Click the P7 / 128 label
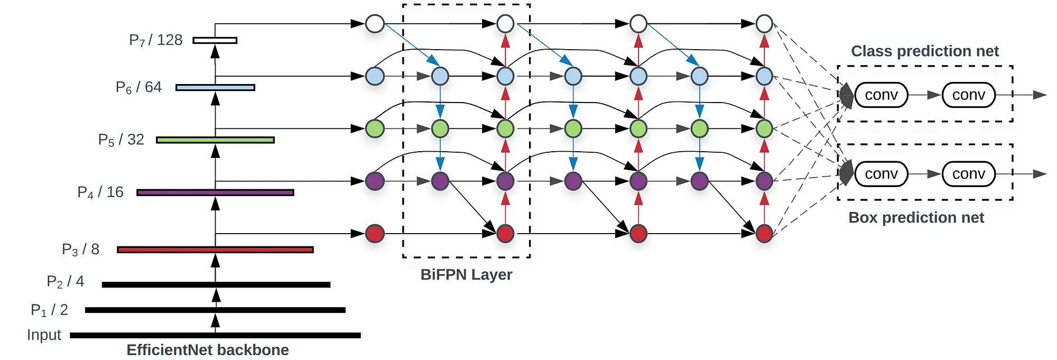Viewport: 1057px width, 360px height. point(156,40)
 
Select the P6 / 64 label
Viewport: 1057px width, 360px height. point(138,87)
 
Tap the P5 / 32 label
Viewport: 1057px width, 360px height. point(121,140)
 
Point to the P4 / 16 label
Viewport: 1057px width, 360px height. point(100,192)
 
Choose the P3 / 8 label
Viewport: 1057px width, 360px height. point(80,250)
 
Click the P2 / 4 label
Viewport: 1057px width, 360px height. point(65,281)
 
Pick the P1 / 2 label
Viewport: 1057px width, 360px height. point(49,310)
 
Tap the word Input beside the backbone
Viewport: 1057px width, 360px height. point(44,335)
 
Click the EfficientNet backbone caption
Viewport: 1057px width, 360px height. point(208,350)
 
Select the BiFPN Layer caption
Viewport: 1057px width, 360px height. point(466,275)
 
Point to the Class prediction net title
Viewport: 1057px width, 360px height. point(925,51)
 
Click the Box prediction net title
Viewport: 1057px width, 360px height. point(916,218)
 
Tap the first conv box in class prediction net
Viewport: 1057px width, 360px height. point(881,95)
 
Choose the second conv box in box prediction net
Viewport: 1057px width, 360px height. point(969,174)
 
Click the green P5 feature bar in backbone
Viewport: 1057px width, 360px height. point(215,140)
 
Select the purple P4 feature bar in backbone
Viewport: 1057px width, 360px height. point(215,192)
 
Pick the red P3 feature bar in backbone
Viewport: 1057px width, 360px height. point(215,250)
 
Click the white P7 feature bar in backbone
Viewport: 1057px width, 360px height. point(215,40)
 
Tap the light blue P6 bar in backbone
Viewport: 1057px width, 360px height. point(215,87)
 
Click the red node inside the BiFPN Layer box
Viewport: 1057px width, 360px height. point(505,233)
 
